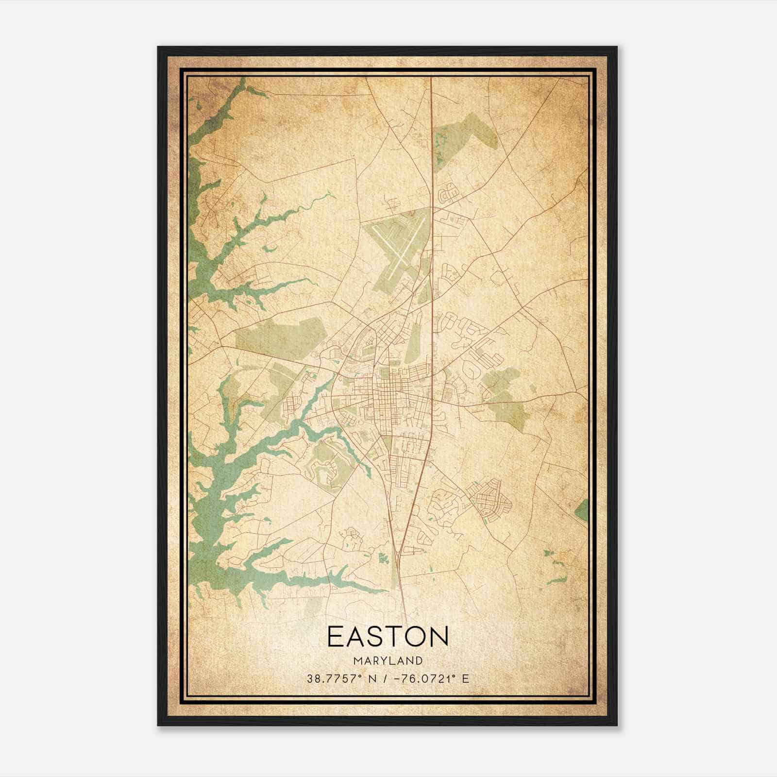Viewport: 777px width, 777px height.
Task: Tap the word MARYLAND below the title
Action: pos(388,660)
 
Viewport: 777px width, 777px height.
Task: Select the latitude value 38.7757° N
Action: pos(338,678)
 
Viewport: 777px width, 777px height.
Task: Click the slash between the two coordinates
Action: pos(384,678)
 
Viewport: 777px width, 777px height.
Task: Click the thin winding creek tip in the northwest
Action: pos(330,194)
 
